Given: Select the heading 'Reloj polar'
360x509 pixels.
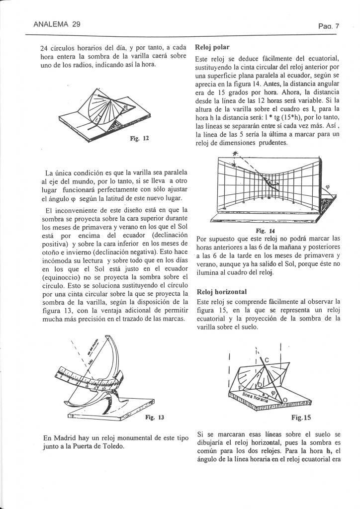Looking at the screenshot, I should coord(213,48).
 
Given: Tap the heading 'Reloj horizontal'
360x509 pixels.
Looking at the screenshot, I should coord(222,292).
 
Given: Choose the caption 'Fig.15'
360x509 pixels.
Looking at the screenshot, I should coord(301,418).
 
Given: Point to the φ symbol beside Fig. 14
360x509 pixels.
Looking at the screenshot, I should coord(327,188).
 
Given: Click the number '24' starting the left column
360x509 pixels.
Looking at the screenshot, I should coord(44,49).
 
